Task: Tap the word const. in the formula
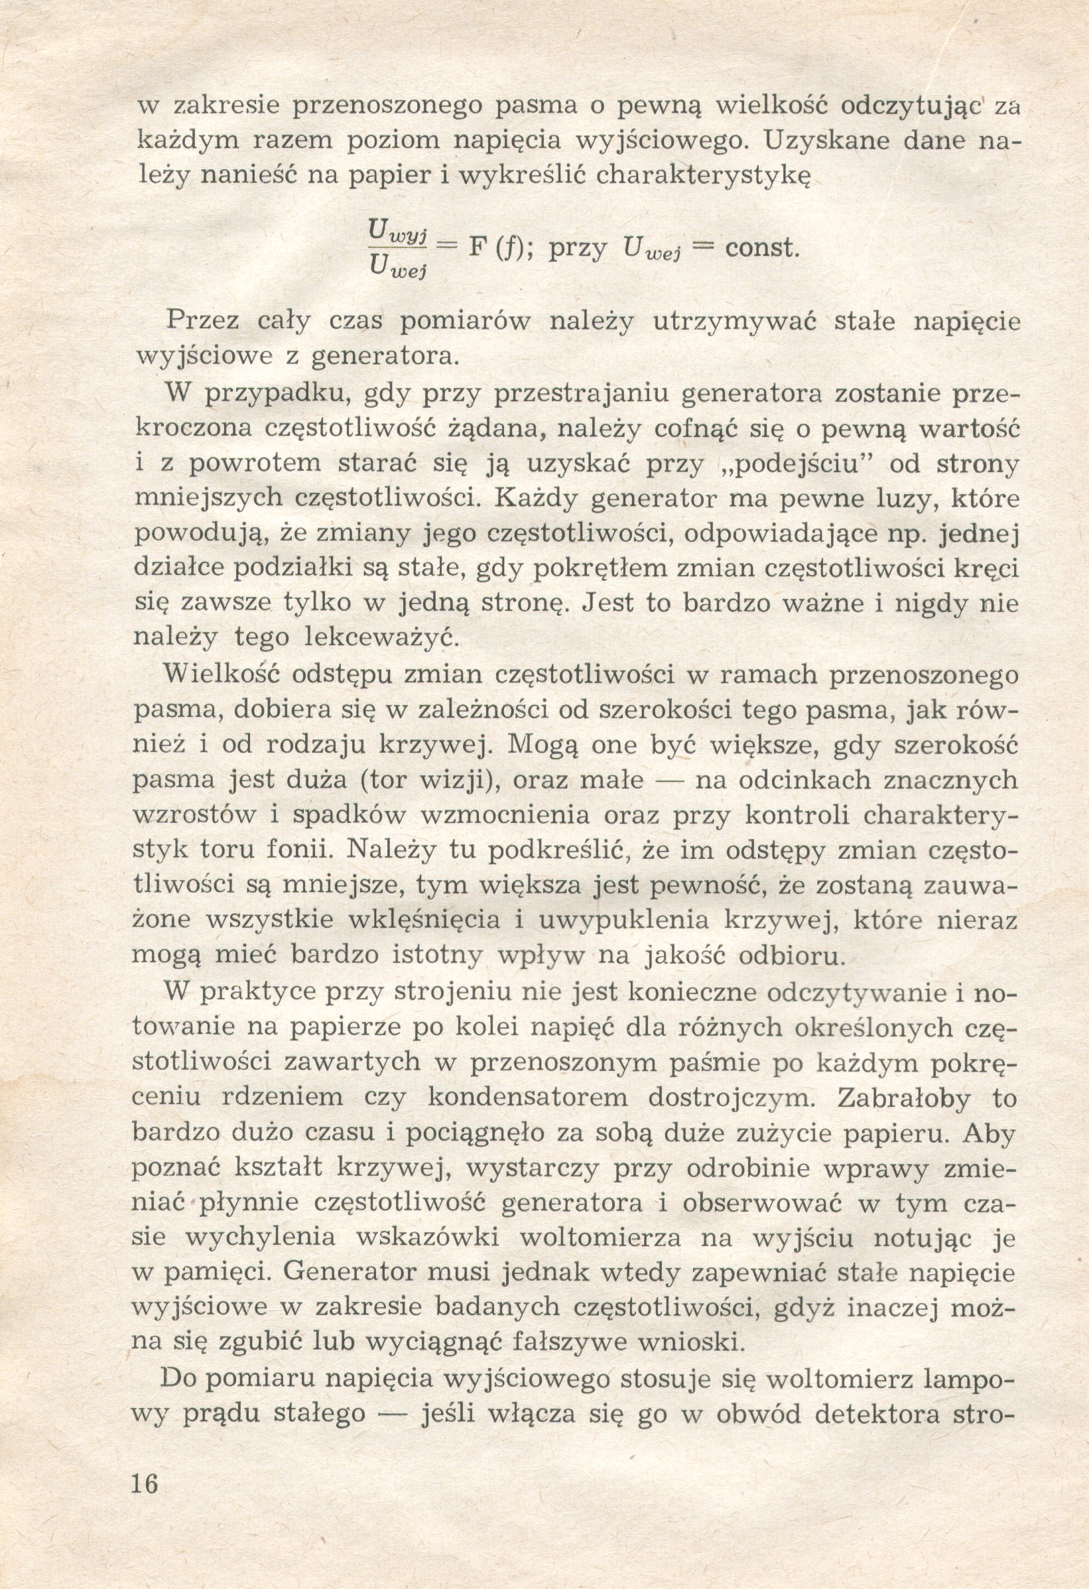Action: coord(761,247)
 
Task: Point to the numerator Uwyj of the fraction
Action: coord(397,230)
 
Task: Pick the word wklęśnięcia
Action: coord(426,921)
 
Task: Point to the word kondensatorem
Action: coord(527,1098)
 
